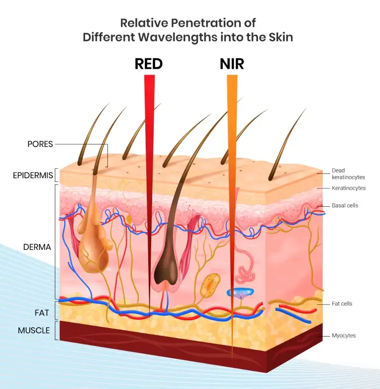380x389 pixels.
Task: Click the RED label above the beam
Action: coord(149,64)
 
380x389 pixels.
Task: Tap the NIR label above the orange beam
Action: coord(232,64)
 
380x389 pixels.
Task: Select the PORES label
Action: coord(40,144)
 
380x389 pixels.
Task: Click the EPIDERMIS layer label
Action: coord(33,175)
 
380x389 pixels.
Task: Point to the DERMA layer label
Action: coord(37,246)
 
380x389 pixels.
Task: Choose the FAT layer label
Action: coord(42,313)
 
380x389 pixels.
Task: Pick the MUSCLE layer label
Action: coord(34,330)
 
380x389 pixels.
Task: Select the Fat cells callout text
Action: coord(342,303)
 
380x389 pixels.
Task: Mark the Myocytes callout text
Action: coord(343,336)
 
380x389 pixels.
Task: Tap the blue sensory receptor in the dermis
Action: coord(240,293)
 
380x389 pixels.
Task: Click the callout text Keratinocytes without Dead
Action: coord(349,188)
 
